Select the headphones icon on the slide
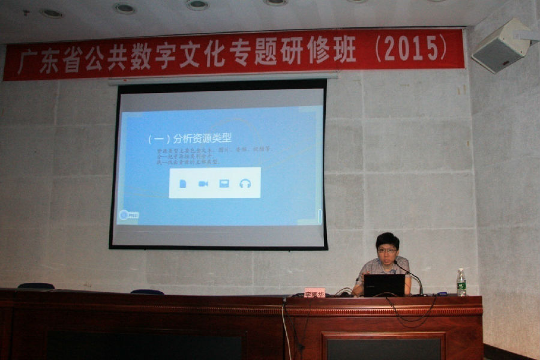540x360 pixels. [x=245, y=184]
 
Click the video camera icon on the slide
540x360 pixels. [x=203, y=184]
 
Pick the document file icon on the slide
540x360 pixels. [x=183, y=184]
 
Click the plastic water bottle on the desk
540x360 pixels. [x=461, y=283]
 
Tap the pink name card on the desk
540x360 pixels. [x=314, y=292]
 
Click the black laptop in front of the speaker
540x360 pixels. [x=384, y=286]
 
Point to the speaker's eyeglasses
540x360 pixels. [x=386, y=250]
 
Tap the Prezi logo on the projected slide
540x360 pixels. [x=128, y=214]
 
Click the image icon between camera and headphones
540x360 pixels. [x=224, y=184]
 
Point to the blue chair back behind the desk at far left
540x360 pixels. [x=36, y=286]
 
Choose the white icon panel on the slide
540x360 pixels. [x=215, y=183]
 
